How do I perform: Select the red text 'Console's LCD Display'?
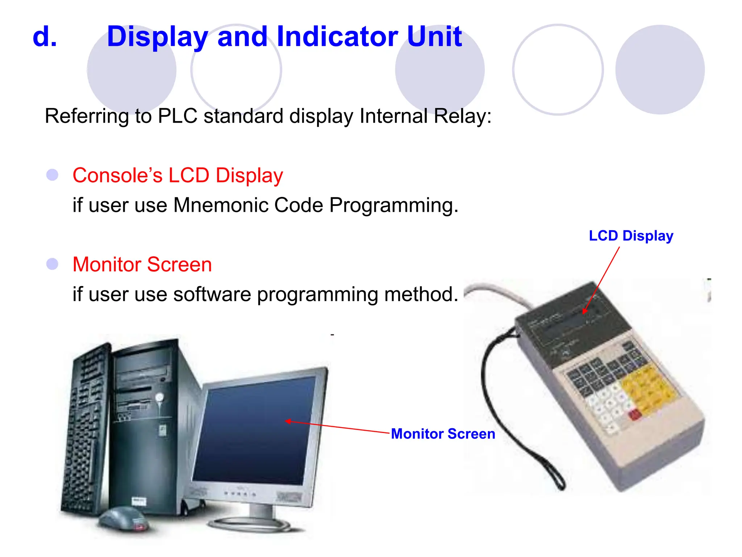click(178, 176)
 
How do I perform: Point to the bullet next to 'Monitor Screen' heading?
click(53, 264)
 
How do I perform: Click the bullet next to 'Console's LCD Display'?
click(53, 175)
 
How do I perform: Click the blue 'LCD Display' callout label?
click(631, 236)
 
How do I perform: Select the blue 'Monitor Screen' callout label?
click(443, 434)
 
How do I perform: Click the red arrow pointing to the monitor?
click(337, 427)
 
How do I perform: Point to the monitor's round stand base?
click(250, 524)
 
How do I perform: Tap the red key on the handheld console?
click(634, 414)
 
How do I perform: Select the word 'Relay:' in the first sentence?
click(463, 116)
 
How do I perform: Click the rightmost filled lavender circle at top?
click(660, 70)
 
